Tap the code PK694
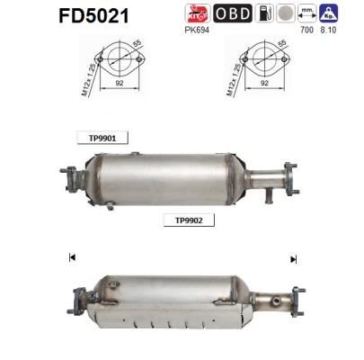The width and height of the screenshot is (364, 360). pos(197,30)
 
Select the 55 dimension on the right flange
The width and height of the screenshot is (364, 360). pos(280,45)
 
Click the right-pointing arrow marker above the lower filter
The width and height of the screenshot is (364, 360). pos(293,259)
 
